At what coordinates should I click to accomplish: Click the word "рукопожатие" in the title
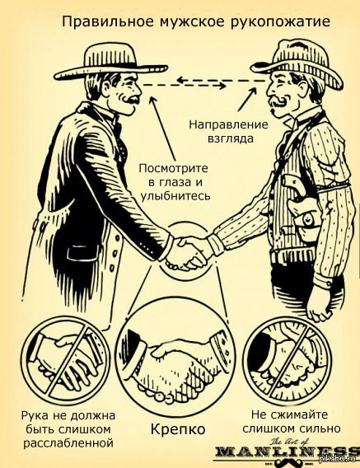(x=281, y=23)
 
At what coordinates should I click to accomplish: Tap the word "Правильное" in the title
(x=109, y=23)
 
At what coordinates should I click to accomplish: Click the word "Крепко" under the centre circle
(x=178, y=429)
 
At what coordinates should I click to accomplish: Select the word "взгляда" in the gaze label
(x=230, y=138)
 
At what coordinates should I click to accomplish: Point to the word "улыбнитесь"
(x=175, y=196)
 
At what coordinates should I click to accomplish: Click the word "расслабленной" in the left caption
(x=68, y=443)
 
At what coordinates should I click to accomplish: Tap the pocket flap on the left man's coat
(x=82, y=250)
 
